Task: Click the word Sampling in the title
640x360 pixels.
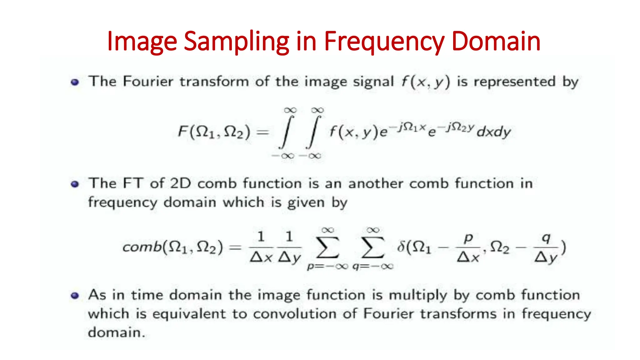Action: tap(236, 42)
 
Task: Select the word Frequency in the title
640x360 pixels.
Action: tap(384, 42)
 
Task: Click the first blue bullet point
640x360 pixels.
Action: tap(75, 82)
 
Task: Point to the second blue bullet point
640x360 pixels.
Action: tap(75, 184)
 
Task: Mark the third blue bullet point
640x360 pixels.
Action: tap(75, 296)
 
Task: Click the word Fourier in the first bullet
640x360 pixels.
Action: tap(148, 82)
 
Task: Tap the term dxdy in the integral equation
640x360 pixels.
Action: tap(494, 132)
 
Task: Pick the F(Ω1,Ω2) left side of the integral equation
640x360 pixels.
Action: tap(214, 132)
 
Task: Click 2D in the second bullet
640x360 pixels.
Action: tap(180, 183)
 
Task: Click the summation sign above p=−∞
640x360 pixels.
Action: tap(327, 247)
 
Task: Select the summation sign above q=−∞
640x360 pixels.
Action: tap(372, 247)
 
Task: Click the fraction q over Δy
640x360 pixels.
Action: tap(546, 247)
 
